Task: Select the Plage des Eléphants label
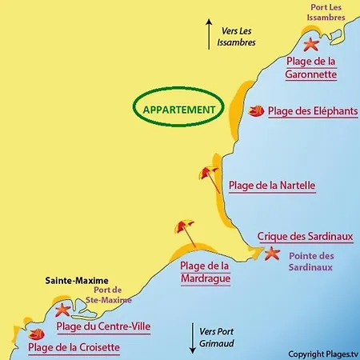(x=313, y=112)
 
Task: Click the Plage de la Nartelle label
(x=272, y=186)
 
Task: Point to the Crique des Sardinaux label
(x=305, y=237)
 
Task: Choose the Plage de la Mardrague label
(x=205, y=272)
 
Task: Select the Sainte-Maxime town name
(x=72, y=281)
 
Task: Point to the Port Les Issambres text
(x=326, y=14)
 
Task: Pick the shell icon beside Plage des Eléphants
(x=256, y=111)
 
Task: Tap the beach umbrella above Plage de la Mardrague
(x=186, y=233)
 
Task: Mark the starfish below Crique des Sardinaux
(x=271, y=254)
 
